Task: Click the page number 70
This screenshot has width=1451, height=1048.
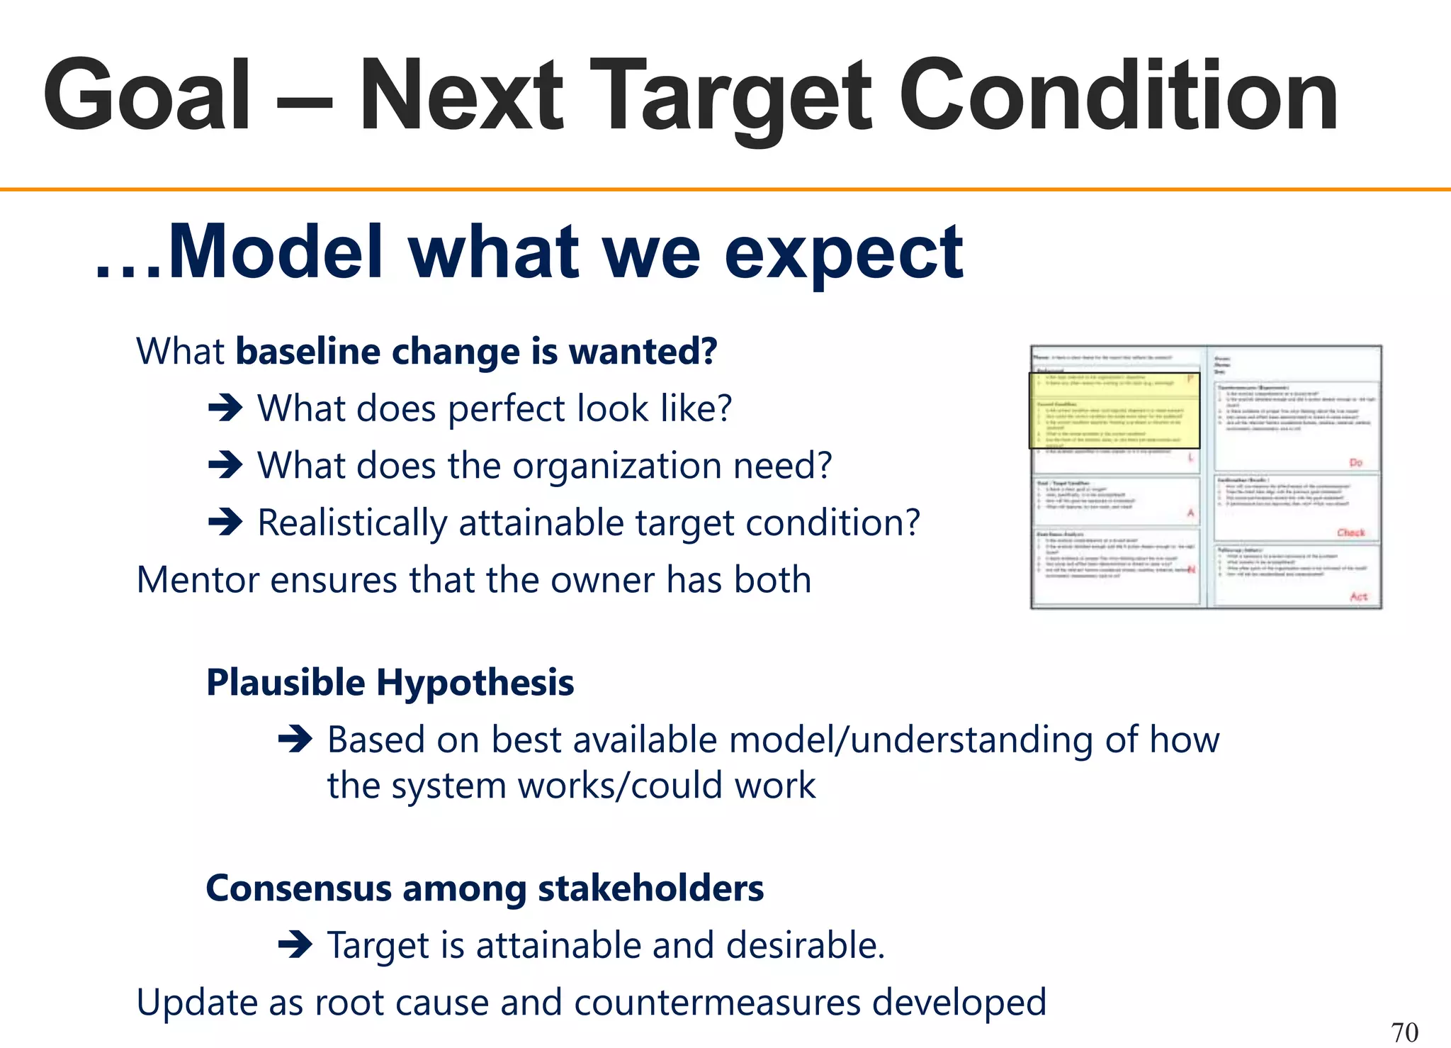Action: [1404, 1032]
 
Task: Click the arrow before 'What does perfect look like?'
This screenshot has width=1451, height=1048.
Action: [226, 408]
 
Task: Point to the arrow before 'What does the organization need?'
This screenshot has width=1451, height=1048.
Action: [226, 466]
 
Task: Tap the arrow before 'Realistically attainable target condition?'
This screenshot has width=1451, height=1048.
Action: [226, 523]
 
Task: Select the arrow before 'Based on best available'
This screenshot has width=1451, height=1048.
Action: [295, 740]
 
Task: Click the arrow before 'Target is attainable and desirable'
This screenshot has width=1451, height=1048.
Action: [295, 945]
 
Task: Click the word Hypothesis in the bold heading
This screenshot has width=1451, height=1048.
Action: [475, 683]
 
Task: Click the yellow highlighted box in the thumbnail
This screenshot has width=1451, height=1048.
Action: [1114, 411]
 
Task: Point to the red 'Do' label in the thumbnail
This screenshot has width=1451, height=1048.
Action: [1355, 462]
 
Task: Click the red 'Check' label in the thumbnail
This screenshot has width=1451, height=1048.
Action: [1350, 533]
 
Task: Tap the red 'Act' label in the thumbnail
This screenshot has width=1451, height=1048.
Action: [1358, 597]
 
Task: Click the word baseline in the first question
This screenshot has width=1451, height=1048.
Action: [308, 352]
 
